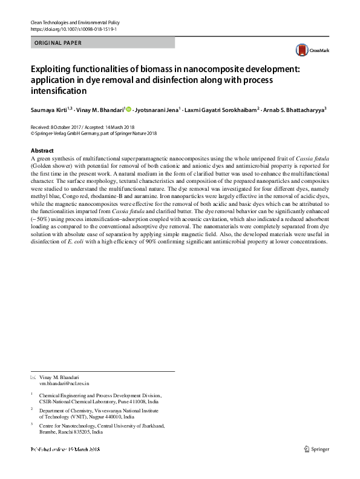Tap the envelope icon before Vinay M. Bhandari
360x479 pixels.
coord(33,377)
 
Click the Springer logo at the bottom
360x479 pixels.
coord(318,449)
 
